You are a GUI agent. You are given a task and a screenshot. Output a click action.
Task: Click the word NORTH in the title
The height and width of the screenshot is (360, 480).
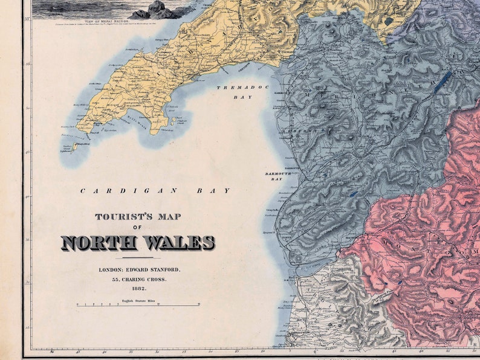pos(99,243)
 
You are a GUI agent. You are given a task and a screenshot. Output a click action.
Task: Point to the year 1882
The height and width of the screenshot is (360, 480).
pos(138,289)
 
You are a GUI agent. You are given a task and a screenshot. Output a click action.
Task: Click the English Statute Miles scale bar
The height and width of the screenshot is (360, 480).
pos(138,305)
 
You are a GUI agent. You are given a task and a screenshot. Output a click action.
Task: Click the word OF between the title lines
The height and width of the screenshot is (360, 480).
pos(137,228)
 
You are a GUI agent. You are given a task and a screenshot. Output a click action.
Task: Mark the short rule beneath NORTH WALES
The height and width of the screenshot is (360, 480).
pos(137,258)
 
